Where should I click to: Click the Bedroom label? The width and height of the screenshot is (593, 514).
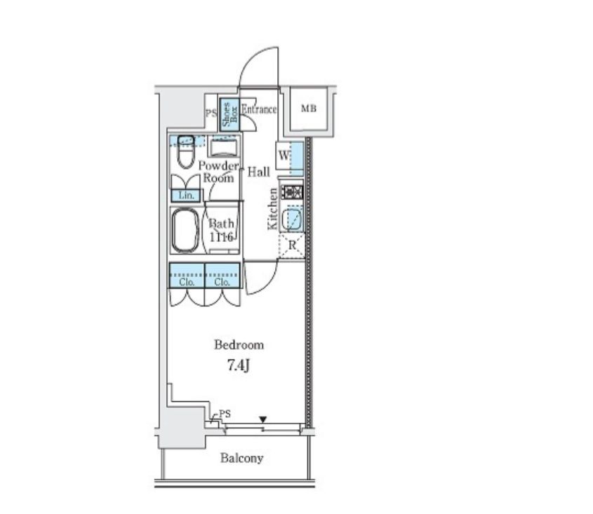pyautogui.click(x=239, y=345)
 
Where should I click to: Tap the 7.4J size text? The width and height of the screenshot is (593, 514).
pyautogui.click(x=239, y=365)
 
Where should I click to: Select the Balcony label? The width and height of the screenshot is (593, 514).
pyautogui.click(x=241, y=458)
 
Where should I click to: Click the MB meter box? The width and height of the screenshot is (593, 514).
pyautogui.click(x=309, y=109)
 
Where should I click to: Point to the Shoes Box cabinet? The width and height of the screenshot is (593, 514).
pyautogui.click(x=229, y=116)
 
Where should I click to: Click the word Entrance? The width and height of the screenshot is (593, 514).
pyautogui.click(x=259, y=109)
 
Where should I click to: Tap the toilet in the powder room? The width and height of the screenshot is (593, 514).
pyautogui.click(x=185, y=151)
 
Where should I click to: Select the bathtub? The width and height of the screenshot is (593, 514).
pyautogui.click(x=185, y=230)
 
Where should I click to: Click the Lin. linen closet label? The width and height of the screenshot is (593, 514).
pyautogui.click(x=187, y=196)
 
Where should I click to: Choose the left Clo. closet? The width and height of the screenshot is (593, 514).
pyautogui.click(x=187, y=276)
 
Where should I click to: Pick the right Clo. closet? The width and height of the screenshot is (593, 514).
pyautogui.click(x=222, y=276)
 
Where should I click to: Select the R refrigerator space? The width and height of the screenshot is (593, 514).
pyautogui.click(x=291, y=245)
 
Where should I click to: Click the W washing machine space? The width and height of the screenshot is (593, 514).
pyautogui.click(x=290, y=156)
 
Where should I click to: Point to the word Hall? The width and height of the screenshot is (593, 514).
pyautogui.click(x=259, y=172)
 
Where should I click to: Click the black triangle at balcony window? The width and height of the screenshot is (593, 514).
pyautogui.click(x=263, y=419)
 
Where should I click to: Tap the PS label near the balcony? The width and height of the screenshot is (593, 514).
pyautogui.click(x=225, y=414)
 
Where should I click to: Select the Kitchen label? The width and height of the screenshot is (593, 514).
pyautogui.click(x=272, y=210)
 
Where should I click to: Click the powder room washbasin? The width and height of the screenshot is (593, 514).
pyautogui.click(x=223, y=147)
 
